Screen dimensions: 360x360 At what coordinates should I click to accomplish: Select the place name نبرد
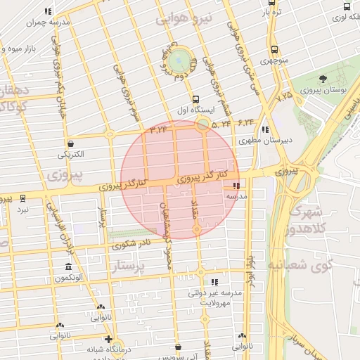pyautogui.click(x=23, y=210)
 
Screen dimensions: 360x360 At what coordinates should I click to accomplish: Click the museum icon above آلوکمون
pyautogui.click(x=67, y=267)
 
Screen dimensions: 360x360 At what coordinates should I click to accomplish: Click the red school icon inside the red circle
pyautogui.click(x=235, y=186)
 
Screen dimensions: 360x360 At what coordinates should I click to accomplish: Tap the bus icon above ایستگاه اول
pyautogui.click(x=195, y=100)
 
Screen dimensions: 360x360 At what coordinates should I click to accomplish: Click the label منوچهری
pyautogui.click(x=274, y=60)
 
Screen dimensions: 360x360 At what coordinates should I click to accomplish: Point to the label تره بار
pyautogui.click(x=272, y=13)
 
